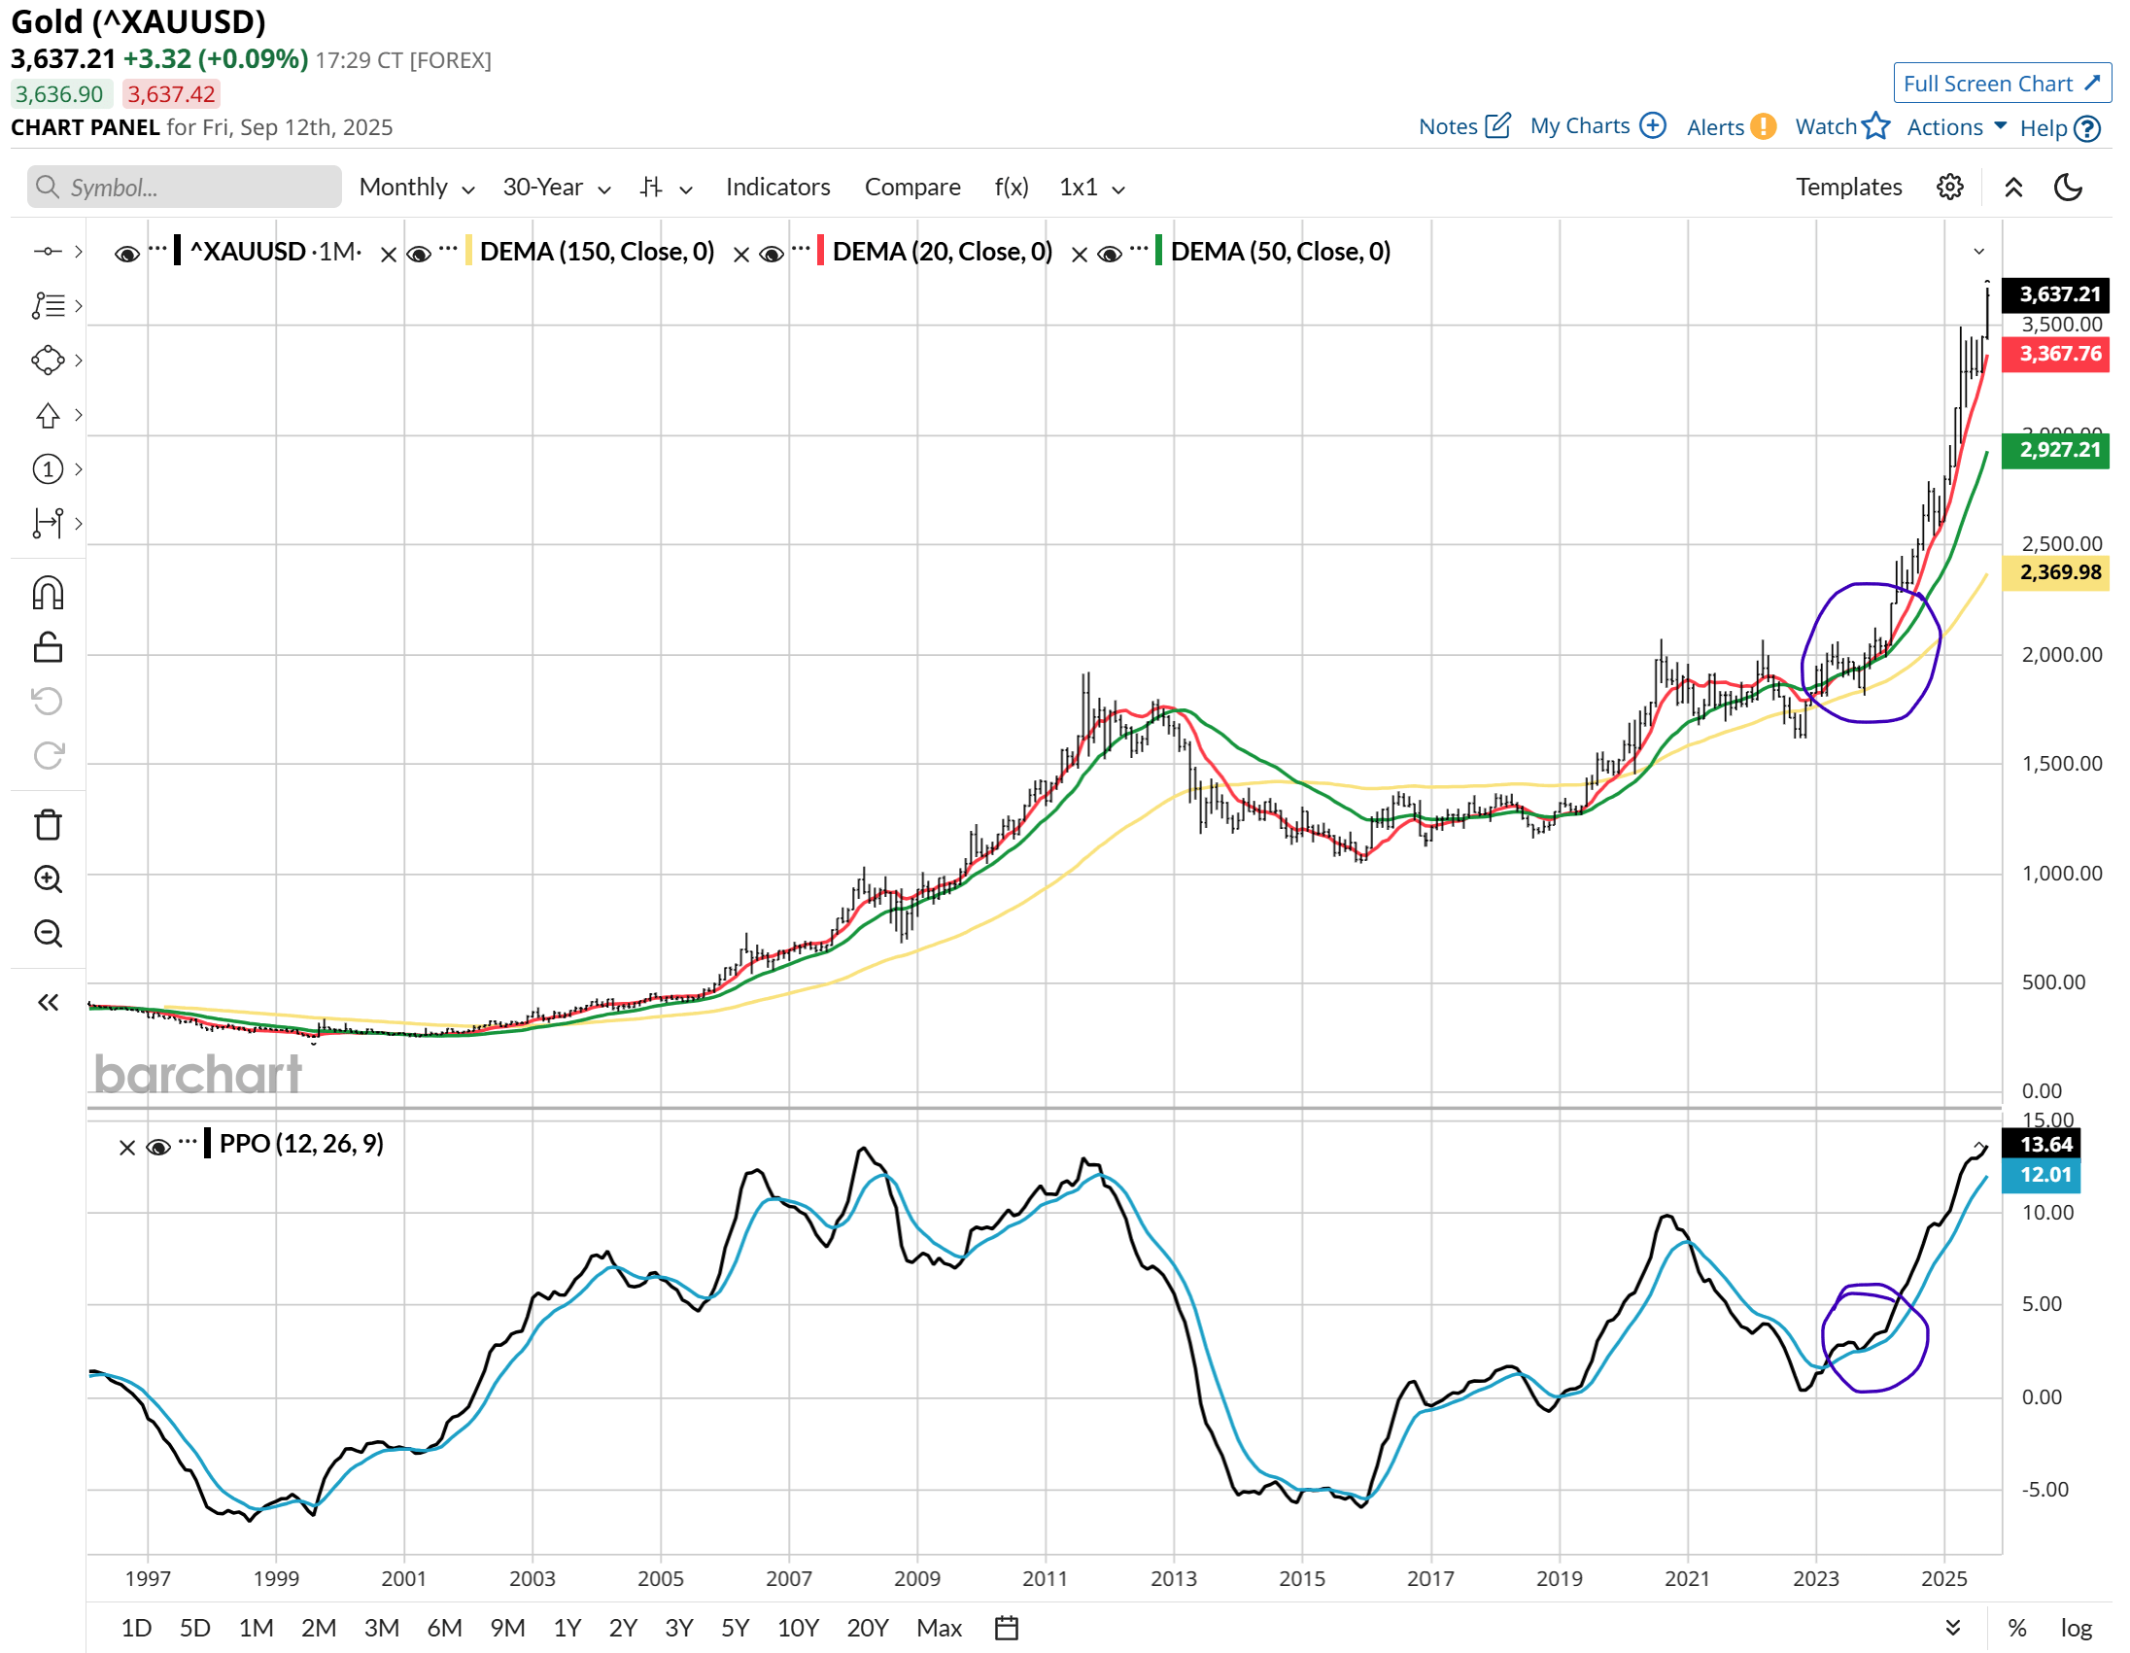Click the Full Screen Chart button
[2000, 84]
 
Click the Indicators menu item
[777, 188]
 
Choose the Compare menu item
[911, 188]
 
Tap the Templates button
[1848, 188]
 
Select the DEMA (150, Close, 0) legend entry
[597, 252]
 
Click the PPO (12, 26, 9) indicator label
[300, 1144]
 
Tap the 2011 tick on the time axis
[1045, 1579]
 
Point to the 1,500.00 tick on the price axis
[2061, 764]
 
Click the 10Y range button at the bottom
[797, 1628]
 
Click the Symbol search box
[186, 188]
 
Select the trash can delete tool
[48, 825]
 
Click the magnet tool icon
[48, 593]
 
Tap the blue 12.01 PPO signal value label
[2044, 1175]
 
